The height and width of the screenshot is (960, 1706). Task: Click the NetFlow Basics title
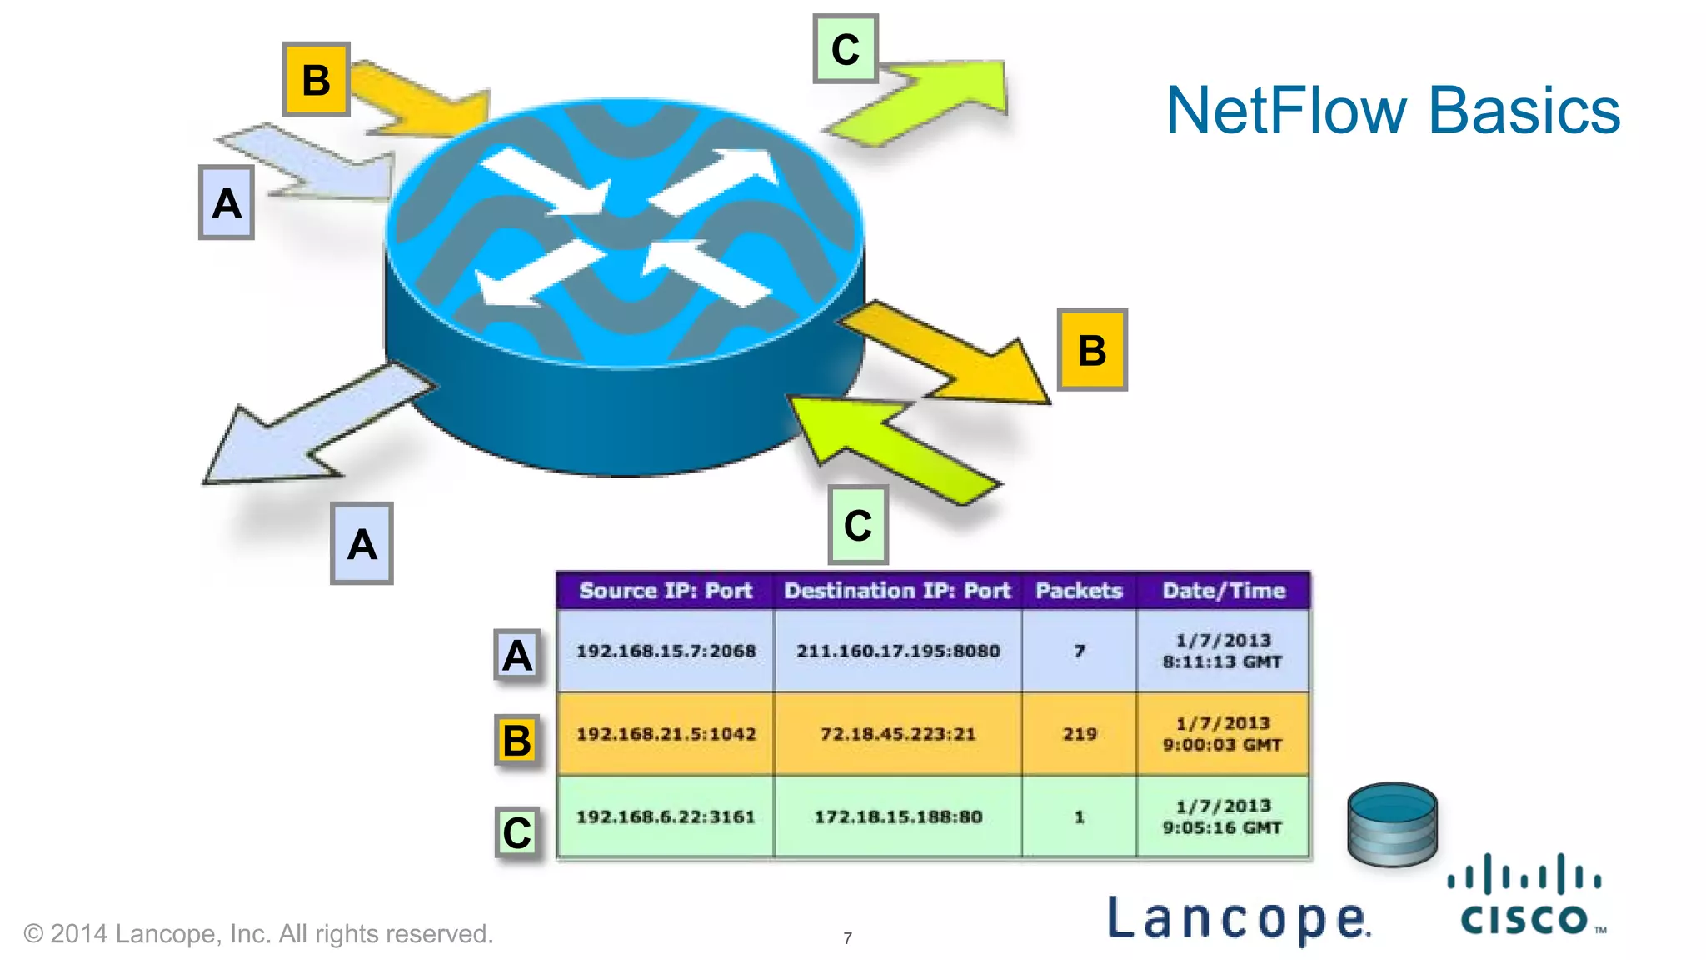coord(1393,110)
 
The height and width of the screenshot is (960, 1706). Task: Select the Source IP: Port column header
coord(666,591)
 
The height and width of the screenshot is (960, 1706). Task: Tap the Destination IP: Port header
coord(897,591)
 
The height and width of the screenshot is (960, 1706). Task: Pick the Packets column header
coord(1079,591)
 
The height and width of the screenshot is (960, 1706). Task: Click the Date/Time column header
coord(1224,591)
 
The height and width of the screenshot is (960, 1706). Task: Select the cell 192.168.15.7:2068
coord(666,651)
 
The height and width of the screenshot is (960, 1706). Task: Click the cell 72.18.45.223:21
coord(897,734)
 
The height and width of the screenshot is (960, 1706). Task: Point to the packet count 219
coord(1079,734)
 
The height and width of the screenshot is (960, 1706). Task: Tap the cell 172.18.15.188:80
coord(897,817)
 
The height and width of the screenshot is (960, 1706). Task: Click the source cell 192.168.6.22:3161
coord(666,817)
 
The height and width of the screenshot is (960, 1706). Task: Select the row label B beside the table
coord(517,740)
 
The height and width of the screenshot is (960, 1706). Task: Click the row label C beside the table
coord(517,832)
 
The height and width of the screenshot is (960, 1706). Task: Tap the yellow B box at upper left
coord(316,80)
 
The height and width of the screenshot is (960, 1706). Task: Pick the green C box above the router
coord(846,49)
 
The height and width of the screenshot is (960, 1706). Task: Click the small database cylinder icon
coord(1392,824)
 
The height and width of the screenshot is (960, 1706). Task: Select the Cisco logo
coord(1525,896)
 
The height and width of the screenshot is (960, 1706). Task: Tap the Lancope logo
coord(1238,919)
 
